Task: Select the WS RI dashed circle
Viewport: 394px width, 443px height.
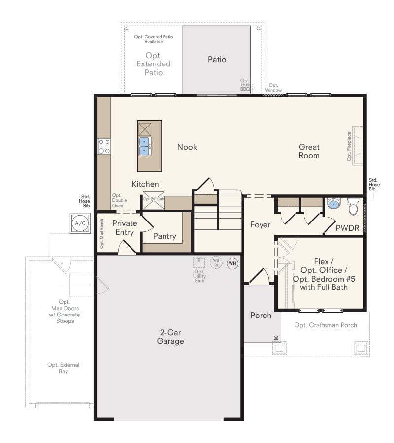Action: pos(216,263)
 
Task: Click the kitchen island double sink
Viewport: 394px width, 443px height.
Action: pos(144,146)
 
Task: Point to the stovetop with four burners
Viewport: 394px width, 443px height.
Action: pos(104,147)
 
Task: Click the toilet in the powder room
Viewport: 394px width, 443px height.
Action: pos(353,207)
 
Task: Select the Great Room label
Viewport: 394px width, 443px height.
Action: pos(309,151)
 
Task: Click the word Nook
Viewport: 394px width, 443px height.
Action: pos(187,147)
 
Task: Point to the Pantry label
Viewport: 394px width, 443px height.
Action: pos(164,236)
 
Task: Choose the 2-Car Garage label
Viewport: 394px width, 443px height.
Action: pos(170,337)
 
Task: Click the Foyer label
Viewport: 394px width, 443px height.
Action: pos(260,225)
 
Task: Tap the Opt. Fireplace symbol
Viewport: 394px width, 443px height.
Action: pos(356,146)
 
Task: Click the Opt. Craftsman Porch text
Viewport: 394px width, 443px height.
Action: pos(326,325)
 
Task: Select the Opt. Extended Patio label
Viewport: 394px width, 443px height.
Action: pos(154,64)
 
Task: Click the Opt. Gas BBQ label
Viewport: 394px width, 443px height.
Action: pos(245,85)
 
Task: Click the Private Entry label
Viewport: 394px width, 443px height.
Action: pos(125,228)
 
